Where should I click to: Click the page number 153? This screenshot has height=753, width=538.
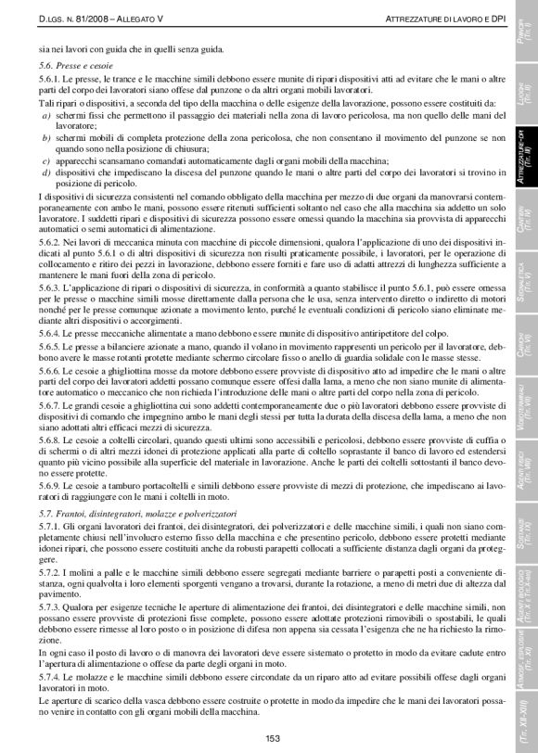click(x=273, y=737)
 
